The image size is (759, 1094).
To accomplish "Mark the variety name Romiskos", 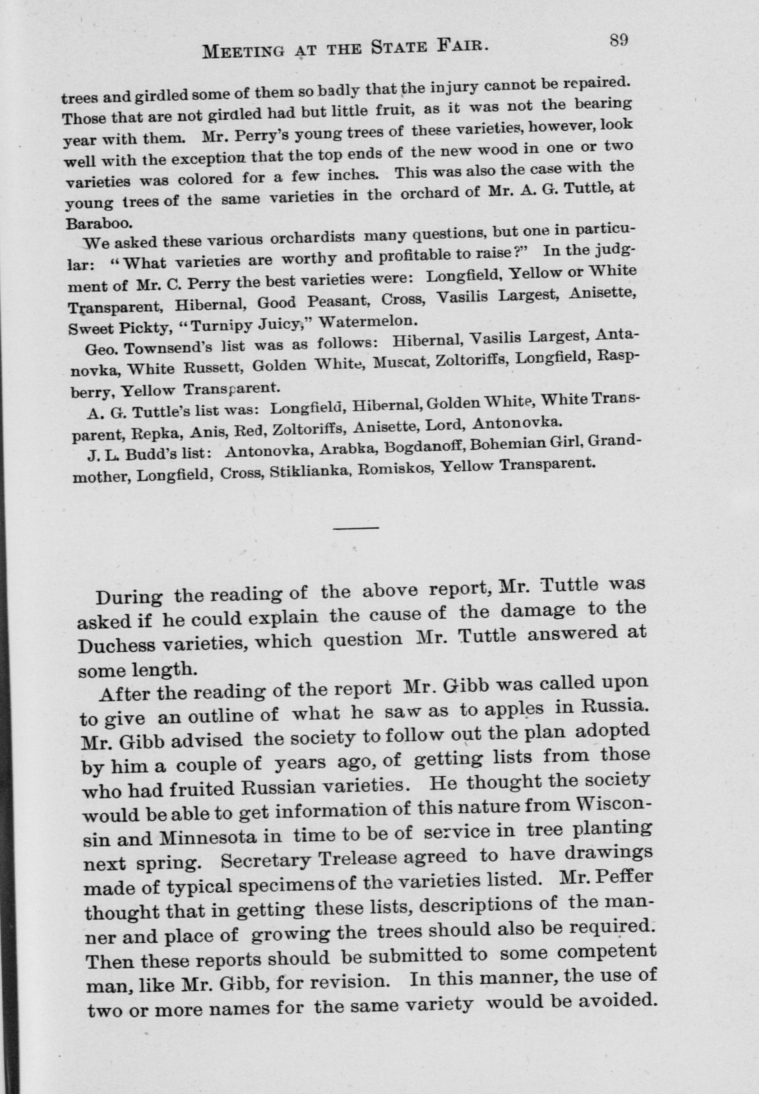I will coord(394,468).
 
